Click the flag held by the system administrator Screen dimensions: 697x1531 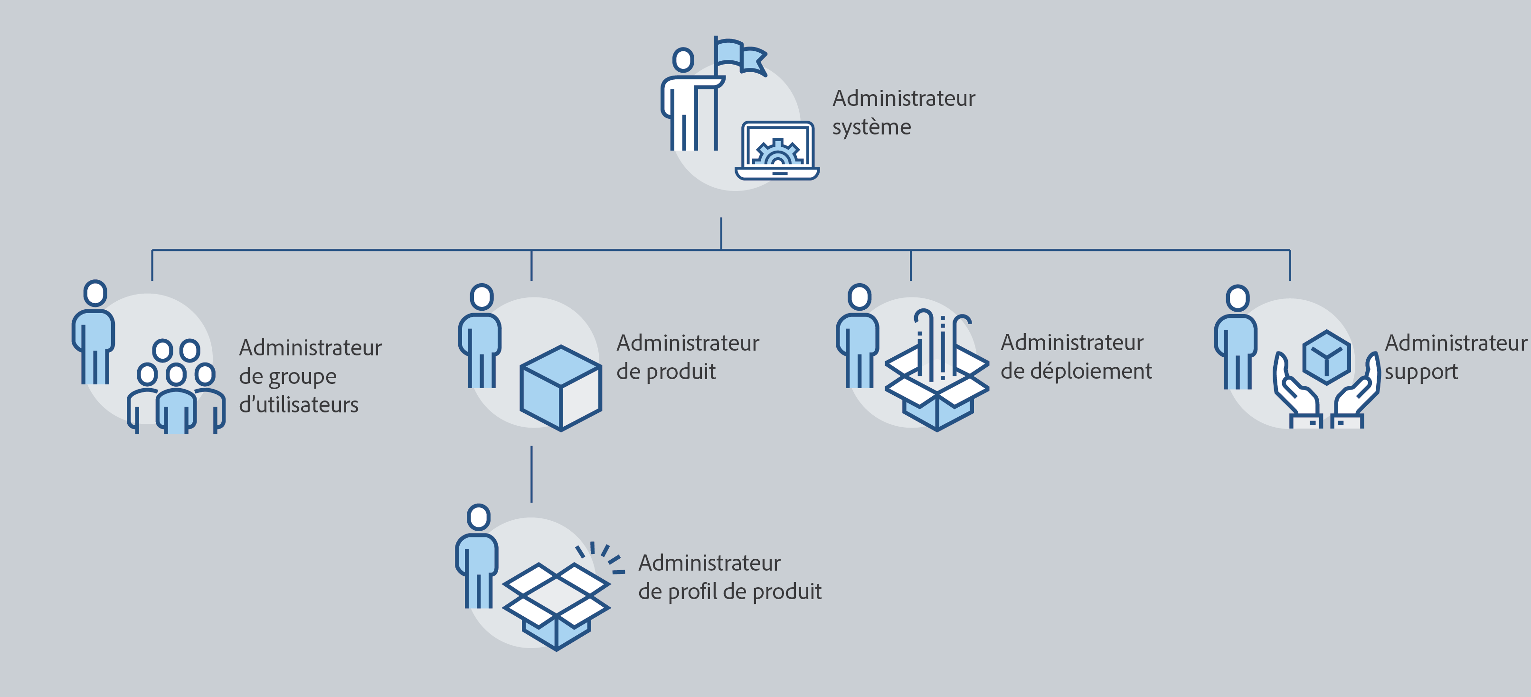click(740, 57)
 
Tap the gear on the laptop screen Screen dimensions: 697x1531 click(777, 153)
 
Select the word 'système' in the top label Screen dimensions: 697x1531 click(871, 127)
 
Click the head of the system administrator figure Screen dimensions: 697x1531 click(683, 60)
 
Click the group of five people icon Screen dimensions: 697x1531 click(176, 387)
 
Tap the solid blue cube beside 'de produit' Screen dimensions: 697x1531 click(560, 388)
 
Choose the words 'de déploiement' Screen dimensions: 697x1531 click(1076, 371)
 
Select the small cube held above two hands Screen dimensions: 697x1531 click(1326, 357)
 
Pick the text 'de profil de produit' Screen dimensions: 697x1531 click(729, 592)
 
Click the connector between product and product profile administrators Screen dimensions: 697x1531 click(531, 474)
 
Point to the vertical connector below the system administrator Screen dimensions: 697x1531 click(721, 233)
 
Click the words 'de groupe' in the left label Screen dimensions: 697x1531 click(288, 376)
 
